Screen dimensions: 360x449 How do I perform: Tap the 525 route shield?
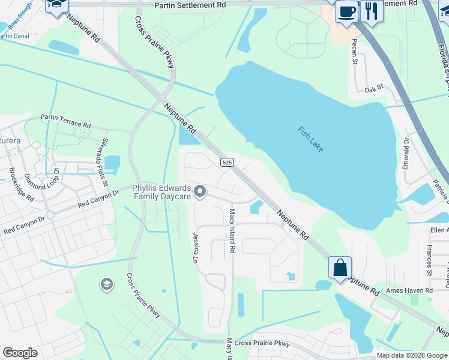click(x=226, y=162)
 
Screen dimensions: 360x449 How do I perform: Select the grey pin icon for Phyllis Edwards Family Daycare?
click(x=200, y=192)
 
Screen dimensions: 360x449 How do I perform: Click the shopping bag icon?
click(x=340, y=267)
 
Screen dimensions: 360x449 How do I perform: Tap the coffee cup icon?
click(x=346, y=11)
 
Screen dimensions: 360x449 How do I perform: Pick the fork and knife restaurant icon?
click(x=372, y=11)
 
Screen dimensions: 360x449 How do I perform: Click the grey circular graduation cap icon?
click(x=107, y=284)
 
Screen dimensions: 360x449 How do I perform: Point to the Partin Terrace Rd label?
click(x=65, y=121)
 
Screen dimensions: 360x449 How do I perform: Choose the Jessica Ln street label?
click(x=194, y=248)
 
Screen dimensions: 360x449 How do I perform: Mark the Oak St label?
click(x=373, y=89)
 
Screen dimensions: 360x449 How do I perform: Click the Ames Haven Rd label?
click(x=409, y=290)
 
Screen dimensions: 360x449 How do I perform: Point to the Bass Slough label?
click(x=20, y=11)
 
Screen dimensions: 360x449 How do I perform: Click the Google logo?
click(x=20, y=353)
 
